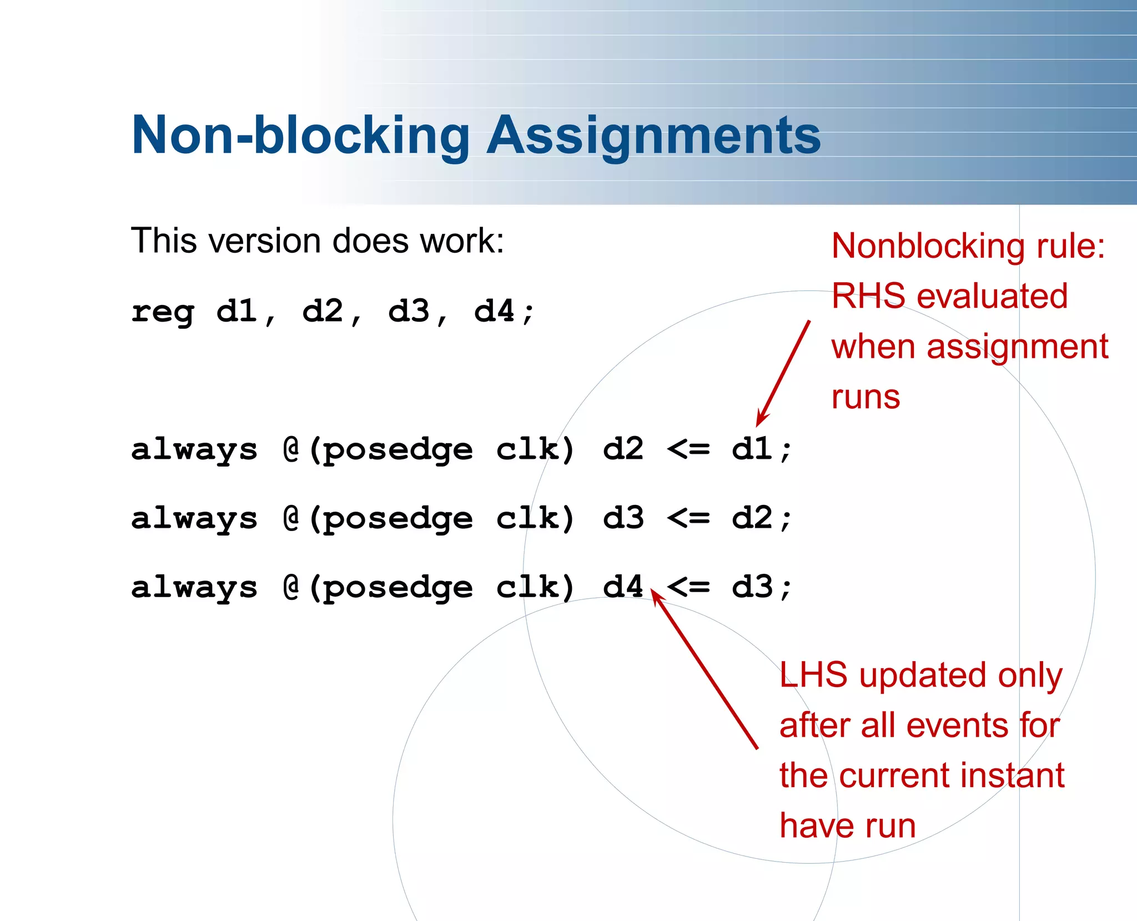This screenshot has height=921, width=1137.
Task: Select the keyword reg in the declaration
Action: pyautogui.click(x=163, y=312)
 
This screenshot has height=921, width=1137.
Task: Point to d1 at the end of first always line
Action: pyautogui.click(x=752, y=449)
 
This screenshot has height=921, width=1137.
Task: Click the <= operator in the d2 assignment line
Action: pyautogui.click(x=688, y=449)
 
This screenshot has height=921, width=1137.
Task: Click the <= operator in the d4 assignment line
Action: pyautogui.click(x=688, y=587)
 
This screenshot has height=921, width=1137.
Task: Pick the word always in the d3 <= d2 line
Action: pyautogui.click(x=194, y=519)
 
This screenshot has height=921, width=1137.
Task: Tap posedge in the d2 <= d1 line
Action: pyautogui.click(x=398, y=450)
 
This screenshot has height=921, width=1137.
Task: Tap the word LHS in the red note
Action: pyautogui.click(x=813, y=675)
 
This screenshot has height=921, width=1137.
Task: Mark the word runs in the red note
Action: pyautogui.click(x=866, y=397)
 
